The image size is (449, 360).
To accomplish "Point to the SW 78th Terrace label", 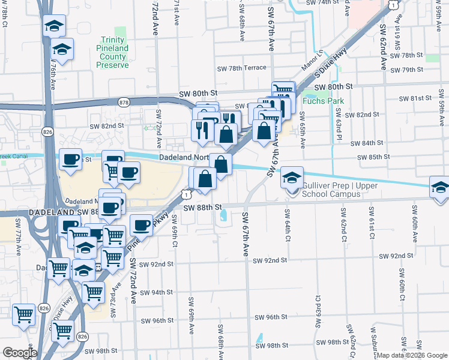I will [241, 68].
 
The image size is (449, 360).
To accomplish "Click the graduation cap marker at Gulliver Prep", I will [292, 178].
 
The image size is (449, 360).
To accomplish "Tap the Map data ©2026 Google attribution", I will [412, 355].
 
